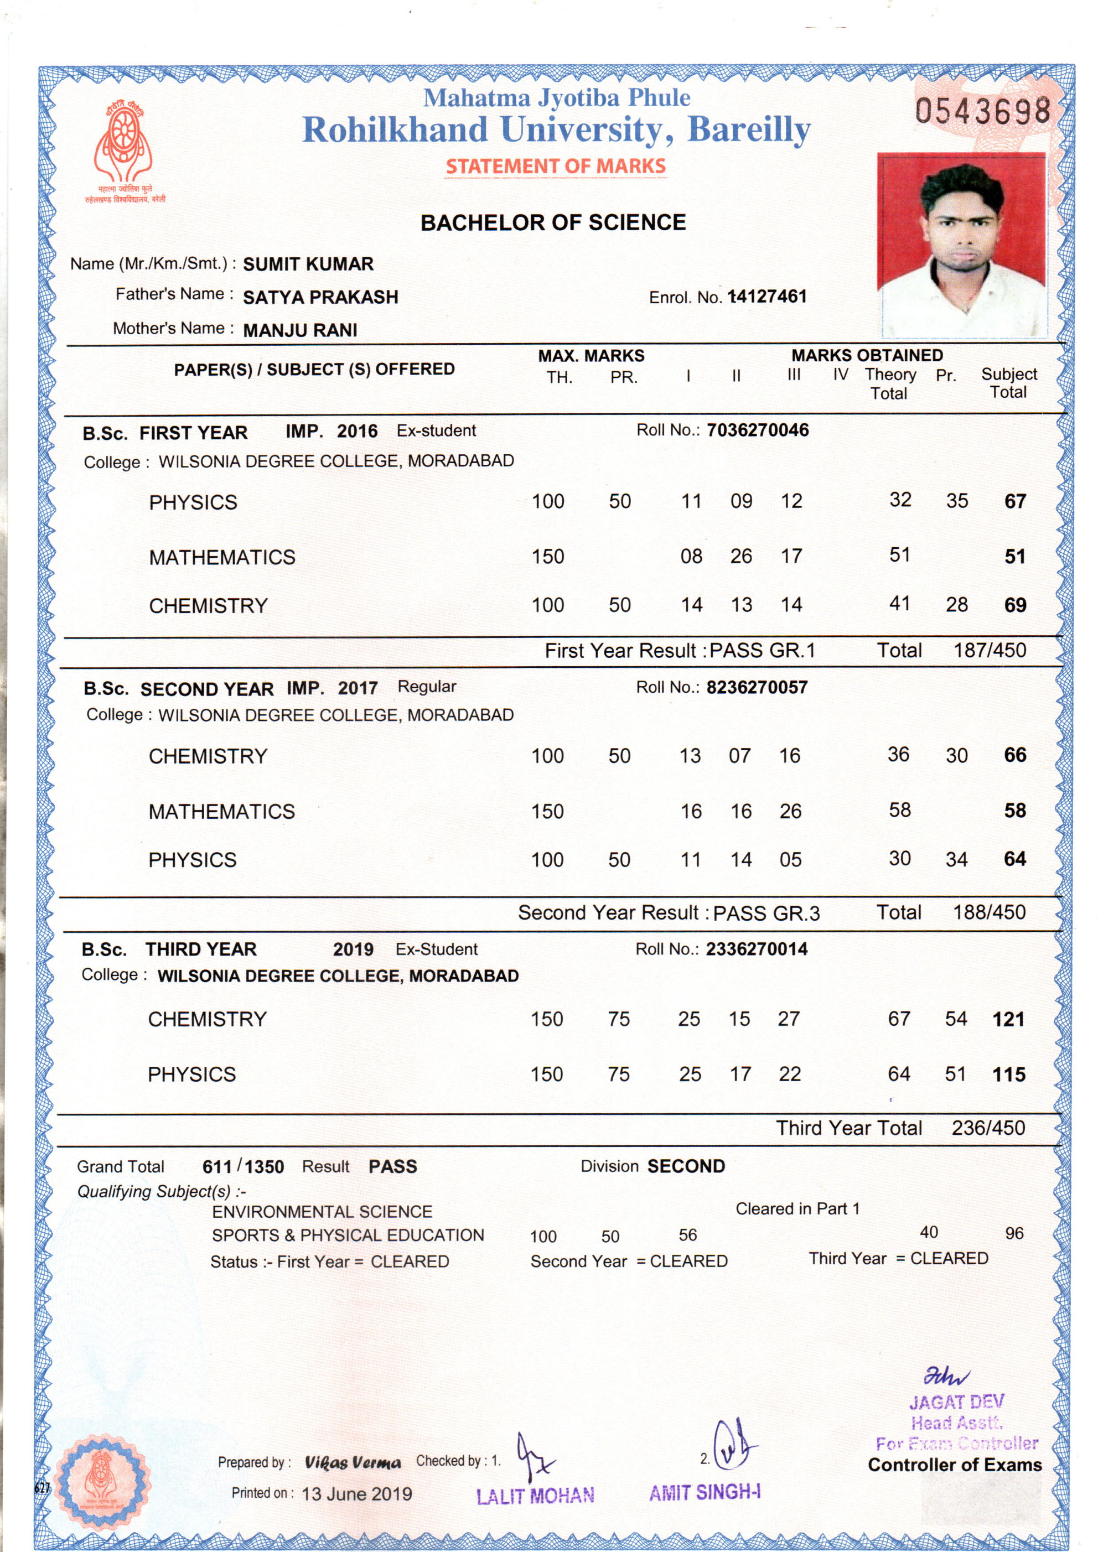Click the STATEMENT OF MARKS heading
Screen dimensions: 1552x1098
[x=556, y=167]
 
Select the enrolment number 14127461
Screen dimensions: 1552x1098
[x=768, y=297]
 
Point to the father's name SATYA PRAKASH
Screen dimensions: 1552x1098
[x=320, y=298]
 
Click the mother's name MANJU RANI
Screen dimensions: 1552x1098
[x=300, y=330]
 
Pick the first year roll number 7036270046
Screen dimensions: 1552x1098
[x=757, y=430]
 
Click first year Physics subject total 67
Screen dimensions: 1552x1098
[x=1015, y=501]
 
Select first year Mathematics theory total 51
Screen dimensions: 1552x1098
[x=899, y=555]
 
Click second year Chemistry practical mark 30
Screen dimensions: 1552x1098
[x=956, y=756]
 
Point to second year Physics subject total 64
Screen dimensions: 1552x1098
[x=1015, y=859]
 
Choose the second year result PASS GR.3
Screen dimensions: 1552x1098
[x=766, y=914]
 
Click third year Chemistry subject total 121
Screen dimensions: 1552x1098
[x=1008, y=1019]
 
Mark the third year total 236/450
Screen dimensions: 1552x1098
[x=988, y=1128]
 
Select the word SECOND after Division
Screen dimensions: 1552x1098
[x=686, y=1166]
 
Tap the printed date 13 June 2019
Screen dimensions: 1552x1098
[x=356, y=1494]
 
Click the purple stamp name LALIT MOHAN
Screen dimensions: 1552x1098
[x=535, y=1496]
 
